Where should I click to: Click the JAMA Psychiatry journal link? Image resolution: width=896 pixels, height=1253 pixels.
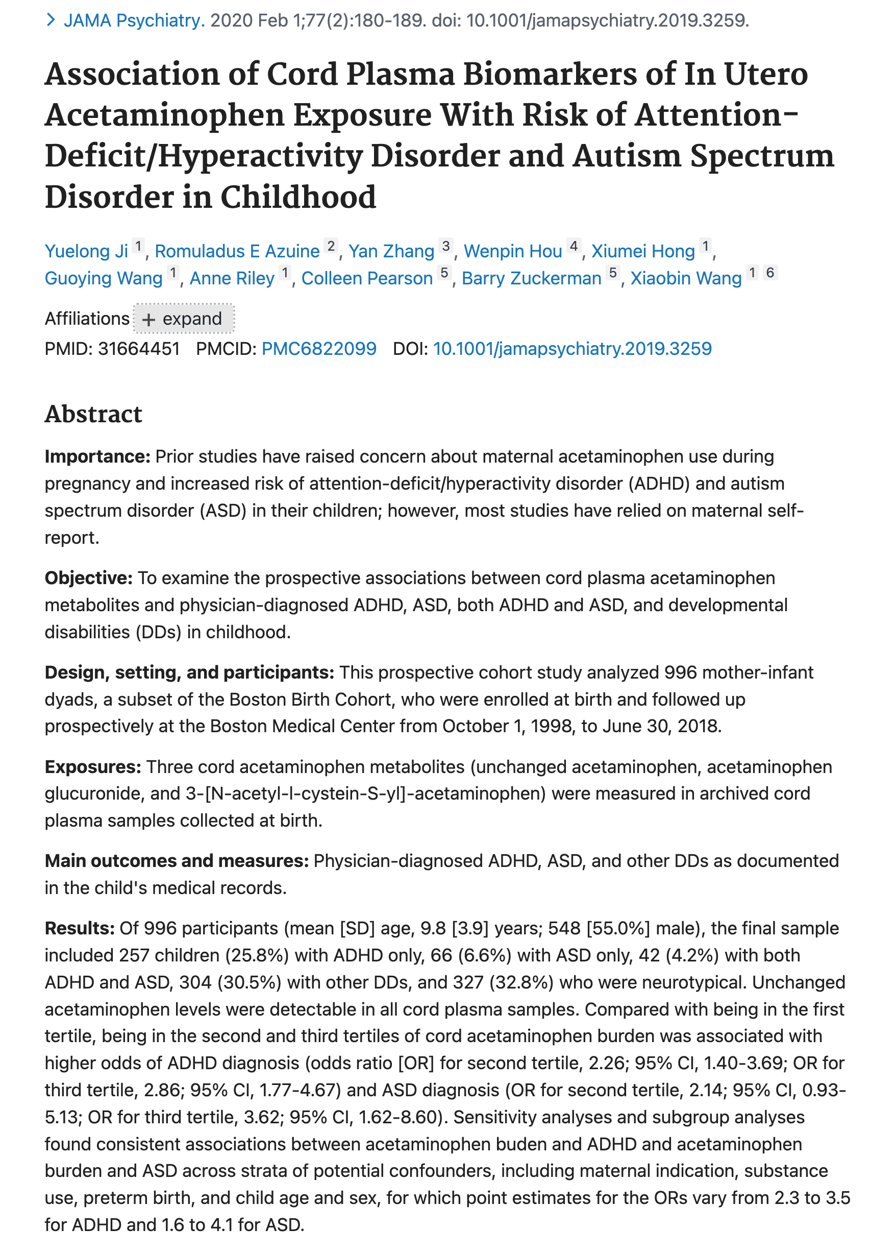point(134,21)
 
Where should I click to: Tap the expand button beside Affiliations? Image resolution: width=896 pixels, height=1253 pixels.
point(183,319)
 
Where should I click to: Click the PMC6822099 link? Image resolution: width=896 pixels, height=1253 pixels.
point(319,349)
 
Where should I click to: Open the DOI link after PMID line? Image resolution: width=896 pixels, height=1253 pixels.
point(572,349)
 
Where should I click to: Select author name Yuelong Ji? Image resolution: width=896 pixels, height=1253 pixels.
point(86,251)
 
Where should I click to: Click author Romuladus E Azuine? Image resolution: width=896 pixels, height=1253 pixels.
point(237,251)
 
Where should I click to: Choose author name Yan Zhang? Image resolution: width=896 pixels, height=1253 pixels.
point(391,251)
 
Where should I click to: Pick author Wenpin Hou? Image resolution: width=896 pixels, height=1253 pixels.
point(513,251)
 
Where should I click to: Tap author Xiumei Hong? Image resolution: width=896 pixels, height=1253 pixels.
point(643,251)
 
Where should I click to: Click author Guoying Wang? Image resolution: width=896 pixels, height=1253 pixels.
point(103,278)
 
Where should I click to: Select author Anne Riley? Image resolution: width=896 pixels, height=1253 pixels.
point(232,278)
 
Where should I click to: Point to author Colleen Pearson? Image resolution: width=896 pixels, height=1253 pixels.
point(367,278)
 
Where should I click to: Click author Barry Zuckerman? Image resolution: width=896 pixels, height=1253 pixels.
point(531,278)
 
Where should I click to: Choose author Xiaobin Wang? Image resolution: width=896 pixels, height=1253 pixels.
point(686,278)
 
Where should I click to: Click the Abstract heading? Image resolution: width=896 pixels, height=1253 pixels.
point(93,414)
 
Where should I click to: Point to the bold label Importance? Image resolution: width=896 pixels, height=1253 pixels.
point(97,456)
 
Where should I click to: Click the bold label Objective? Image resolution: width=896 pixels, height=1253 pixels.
point(88,578)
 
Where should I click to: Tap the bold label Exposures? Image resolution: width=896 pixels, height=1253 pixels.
point(93,767)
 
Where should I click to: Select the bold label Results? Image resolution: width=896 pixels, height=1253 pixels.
point(80,928)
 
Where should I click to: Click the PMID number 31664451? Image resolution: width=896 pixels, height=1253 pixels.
point(139,349)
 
